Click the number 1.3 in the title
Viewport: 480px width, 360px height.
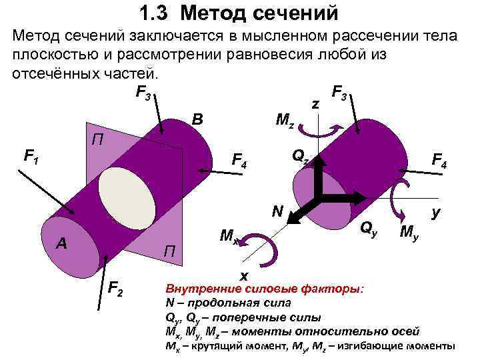click(x=155, y=12)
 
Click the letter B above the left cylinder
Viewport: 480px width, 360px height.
click(x=197, y=120)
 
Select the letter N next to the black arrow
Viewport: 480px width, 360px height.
click(x=277, y=212)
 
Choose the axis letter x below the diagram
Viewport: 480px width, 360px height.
click(x=244, y=275)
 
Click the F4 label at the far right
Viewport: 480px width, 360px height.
click(x=439, y=160)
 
